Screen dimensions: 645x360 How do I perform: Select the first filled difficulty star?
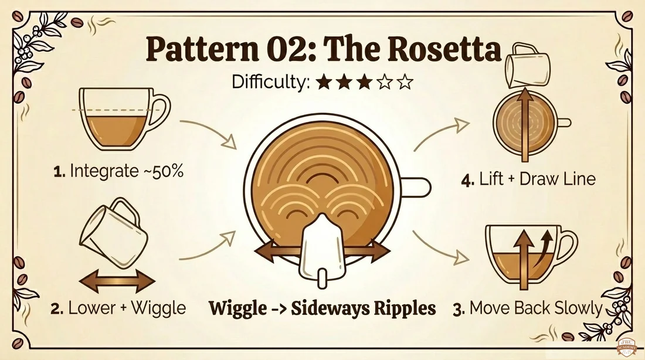point(324,82)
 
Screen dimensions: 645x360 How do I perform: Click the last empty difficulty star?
point(406,82)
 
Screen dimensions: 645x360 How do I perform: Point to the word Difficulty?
point(271,82)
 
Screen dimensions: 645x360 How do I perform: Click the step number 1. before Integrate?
point(60,172)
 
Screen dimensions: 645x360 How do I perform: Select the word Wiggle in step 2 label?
point(158,308)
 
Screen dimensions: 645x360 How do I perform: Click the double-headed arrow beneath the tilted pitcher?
point(117,281)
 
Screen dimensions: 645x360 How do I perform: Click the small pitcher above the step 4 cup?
point(527,65)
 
